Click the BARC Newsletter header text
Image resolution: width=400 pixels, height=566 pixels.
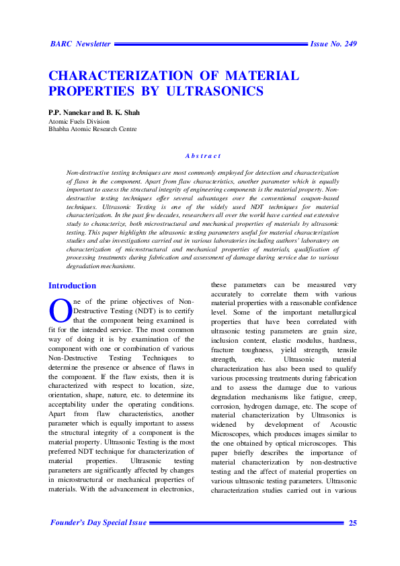(80, 44)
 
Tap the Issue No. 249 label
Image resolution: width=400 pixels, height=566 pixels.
(333, 44)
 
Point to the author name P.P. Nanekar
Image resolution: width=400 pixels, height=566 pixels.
(70, 112)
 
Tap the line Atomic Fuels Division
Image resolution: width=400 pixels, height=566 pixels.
(79, 121)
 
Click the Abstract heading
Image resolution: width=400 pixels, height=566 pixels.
(203, 156)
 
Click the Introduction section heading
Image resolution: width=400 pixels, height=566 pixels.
(72, 286)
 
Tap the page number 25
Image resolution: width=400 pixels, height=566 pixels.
(352, 523)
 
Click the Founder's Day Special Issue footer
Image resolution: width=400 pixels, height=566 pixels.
(98, 523)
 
